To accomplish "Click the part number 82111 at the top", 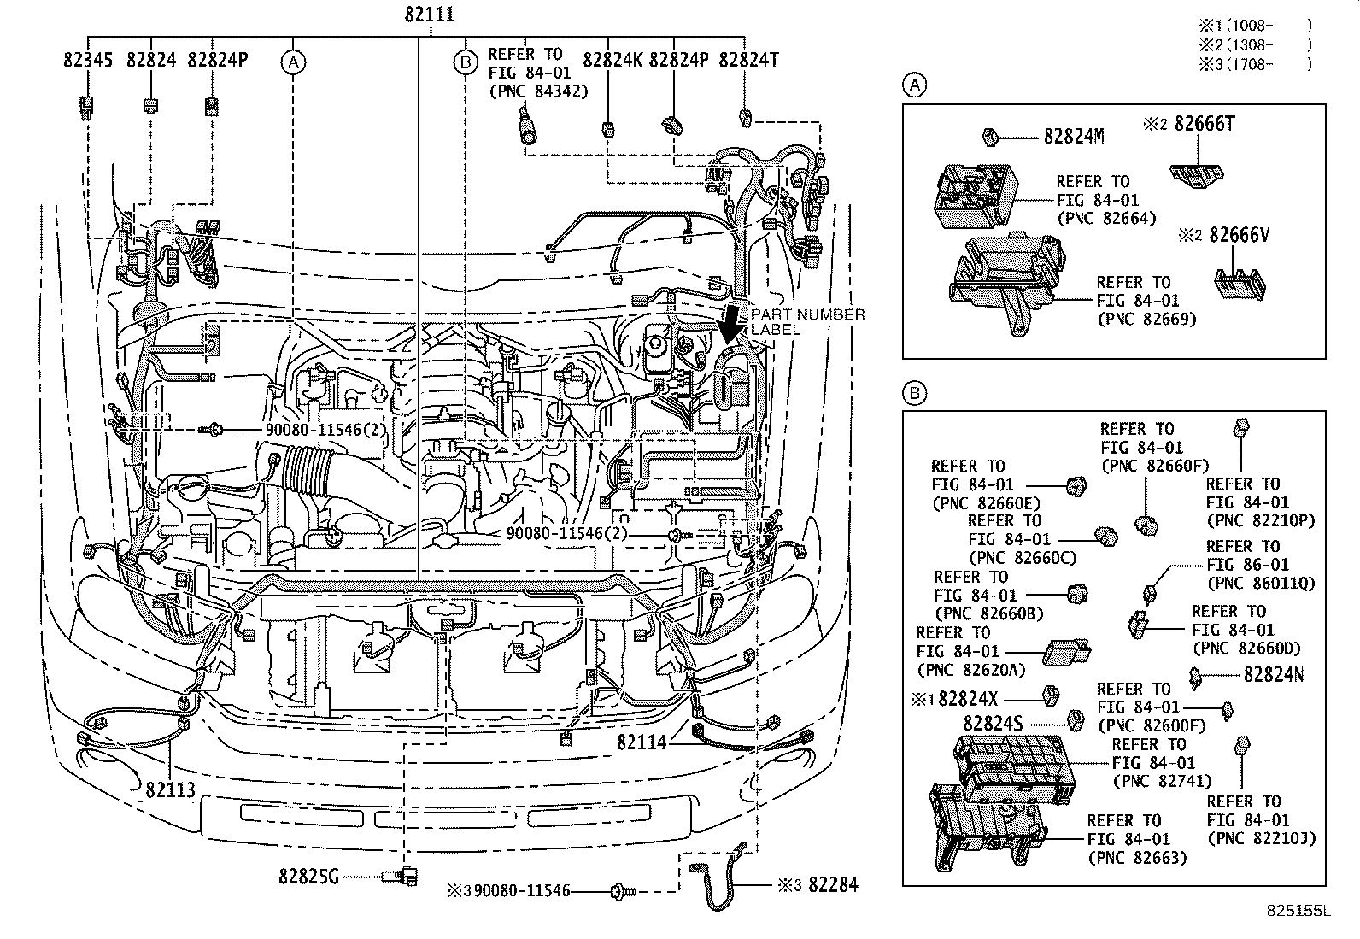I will point(429,15).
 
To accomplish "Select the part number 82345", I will point(88,60).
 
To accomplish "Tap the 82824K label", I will point(612,60).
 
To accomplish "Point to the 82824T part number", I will point(748,60).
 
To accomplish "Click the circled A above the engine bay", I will point(293,62).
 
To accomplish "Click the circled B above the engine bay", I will point(466,62).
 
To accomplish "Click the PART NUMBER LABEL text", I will point(807,321).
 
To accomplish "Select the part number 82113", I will point(170,789).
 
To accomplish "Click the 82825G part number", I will point(308,876).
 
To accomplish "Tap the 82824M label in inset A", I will point(1073,136).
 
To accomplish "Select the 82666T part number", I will point(1204,124).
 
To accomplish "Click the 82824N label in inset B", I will point(1273,674).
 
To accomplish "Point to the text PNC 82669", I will point(1146,319).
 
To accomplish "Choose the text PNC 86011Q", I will point(1260,584).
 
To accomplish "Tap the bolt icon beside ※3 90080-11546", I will point(623,892).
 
